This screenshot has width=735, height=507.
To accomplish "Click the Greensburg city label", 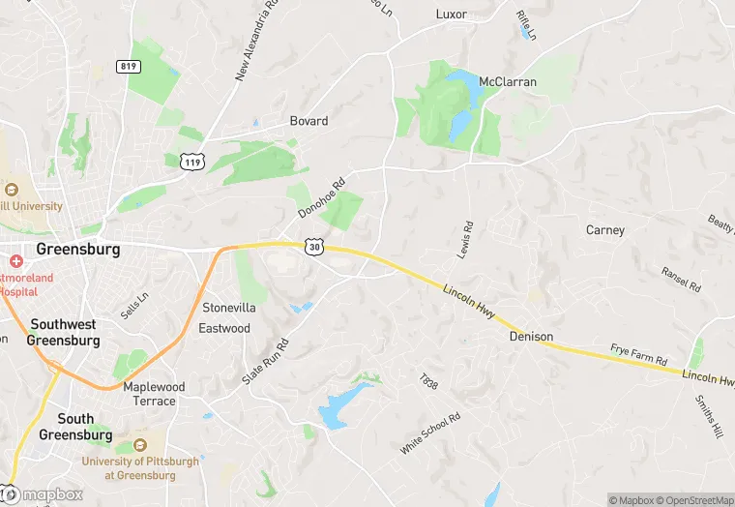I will (x=78, y=249).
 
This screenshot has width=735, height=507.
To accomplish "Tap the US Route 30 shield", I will (x=314, y=248).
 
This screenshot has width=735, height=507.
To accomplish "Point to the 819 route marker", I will (x=128, y=66).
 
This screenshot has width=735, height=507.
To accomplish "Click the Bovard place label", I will (x=309, y=121).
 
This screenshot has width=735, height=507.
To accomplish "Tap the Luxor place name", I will (x=451, y=15).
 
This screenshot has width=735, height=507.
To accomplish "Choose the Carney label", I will (x=605, y=230).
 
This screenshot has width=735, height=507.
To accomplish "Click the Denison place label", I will (x=532, y=337).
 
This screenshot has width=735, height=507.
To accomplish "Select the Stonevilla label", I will (x=229, y=308).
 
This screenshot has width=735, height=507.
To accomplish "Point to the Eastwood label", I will (x=224, y=328).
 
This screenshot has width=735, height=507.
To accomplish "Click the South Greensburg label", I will (x=74, y=427).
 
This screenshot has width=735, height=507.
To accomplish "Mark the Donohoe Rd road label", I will (x=321, y=197).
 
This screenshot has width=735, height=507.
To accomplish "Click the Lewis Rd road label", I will (x=466, y=238).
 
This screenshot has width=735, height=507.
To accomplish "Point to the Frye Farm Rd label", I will (x=638, y=353).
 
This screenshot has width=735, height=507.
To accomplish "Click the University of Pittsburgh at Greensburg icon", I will (x=140, y=444).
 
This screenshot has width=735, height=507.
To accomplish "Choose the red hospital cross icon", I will (x=15, y=262).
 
